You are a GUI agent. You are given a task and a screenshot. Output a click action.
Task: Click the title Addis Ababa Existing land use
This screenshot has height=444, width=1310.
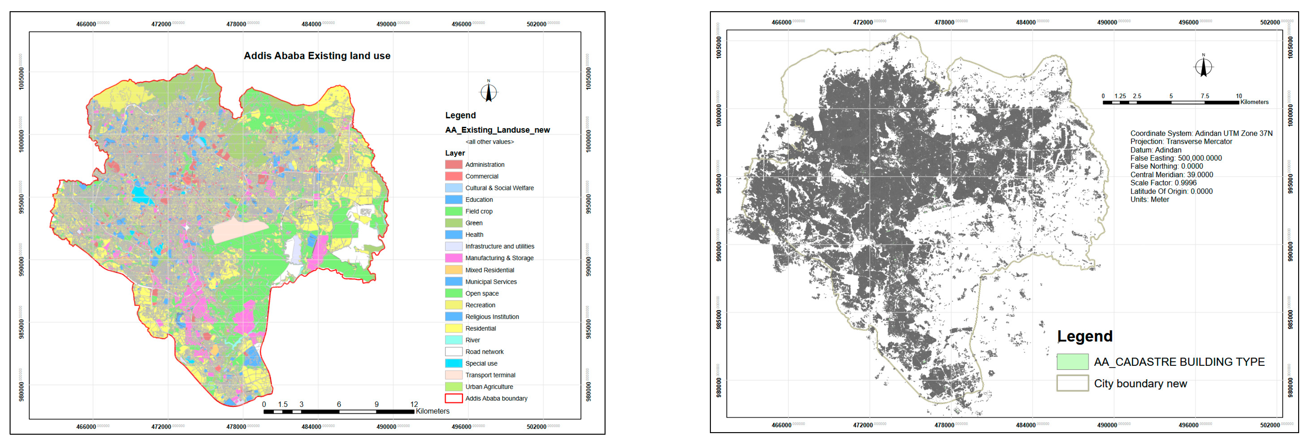[x=317, y=56]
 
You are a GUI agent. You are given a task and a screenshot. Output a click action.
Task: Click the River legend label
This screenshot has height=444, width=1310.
[x=472, y=340]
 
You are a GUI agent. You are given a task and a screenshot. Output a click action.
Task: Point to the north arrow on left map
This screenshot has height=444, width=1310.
[x=488, y=92]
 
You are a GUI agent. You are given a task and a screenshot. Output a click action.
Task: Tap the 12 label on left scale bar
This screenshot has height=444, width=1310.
[x=414, y=404]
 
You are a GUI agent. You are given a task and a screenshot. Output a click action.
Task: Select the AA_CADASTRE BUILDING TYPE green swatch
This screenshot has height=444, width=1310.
[x=1072, y=362]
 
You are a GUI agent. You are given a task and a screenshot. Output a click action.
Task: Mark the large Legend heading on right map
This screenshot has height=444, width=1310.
[x=1084, y=336]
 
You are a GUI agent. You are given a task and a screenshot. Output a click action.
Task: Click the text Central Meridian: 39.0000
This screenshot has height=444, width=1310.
[x=1171, y=175]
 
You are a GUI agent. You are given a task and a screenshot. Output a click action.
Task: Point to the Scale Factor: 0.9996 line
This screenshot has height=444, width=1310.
[x=1163, y=183]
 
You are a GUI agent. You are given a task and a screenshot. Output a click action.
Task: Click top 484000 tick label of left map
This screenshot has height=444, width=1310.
[x=311, y=24]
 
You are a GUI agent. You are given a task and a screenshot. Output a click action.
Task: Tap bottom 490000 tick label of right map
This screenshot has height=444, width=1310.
[x=1107, y=425]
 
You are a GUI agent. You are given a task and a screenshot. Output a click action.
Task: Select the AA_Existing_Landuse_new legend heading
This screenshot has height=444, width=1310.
[x=497, y=130]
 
